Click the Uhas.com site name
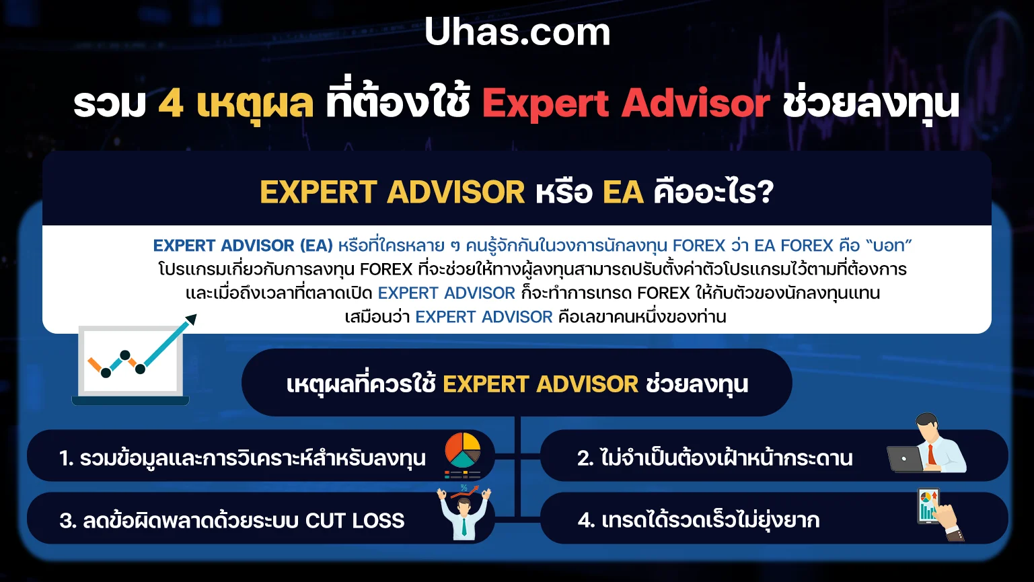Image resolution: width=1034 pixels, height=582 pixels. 517,32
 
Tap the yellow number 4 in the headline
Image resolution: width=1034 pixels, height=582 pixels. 171,104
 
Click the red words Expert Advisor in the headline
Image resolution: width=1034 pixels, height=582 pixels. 626,104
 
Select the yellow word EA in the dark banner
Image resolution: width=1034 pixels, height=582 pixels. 623,192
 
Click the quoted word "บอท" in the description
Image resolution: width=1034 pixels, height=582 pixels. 889,246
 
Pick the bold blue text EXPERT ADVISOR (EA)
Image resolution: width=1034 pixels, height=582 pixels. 243,246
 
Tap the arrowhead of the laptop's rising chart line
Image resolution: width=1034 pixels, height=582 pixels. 191,320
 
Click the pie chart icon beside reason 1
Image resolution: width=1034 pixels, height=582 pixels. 463,450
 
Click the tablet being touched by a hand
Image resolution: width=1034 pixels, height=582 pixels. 928,506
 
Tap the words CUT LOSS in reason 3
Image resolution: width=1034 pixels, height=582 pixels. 355,521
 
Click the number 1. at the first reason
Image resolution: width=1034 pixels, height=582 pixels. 67,458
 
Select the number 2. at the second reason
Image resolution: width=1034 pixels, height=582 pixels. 585,458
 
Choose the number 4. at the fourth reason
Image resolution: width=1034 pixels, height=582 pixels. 586,521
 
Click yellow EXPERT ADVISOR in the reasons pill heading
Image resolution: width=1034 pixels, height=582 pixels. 540,384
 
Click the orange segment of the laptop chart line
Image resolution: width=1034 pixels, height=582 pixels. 94,365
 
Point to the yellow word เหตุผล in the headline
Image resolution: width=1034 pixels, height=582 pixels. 255,104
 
